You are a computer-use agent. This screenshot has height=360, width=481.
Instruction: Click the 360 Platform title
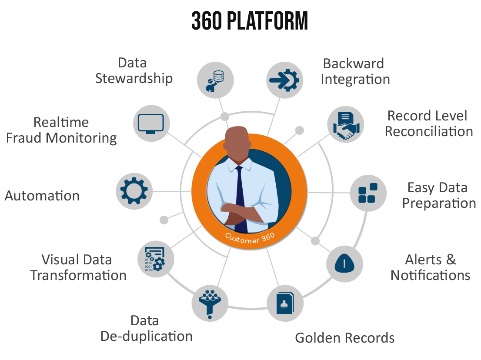[250, 21]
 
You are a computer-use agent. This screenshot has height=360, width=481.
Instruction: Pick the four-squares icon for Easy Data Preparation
[368, 193]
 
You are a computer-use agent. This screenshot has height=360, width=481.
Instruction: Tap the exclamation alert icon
[345, 263]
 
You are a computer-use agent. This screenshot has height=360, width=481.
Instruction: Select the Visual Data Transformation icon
[156, 259]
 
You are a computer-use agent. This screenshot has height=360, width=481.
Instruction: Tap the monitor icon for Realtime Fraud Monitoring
[150, 123]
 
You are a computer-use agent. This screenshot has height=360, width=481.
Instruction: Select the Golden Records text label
[345, 338]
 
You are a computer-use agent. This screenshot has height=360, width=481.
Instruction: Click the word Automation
[42, 196]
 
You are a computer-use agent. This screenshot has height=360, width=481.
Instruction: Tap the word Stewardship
[134, 78]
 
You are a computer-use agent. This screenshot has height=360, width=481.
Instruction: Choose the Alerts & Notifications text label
[431, 267]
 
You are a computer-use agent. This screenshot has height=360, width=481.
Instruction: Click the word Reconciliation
[429, 131]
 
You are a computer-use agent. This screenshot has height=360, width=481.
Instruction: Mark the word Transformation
[79, 275]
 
